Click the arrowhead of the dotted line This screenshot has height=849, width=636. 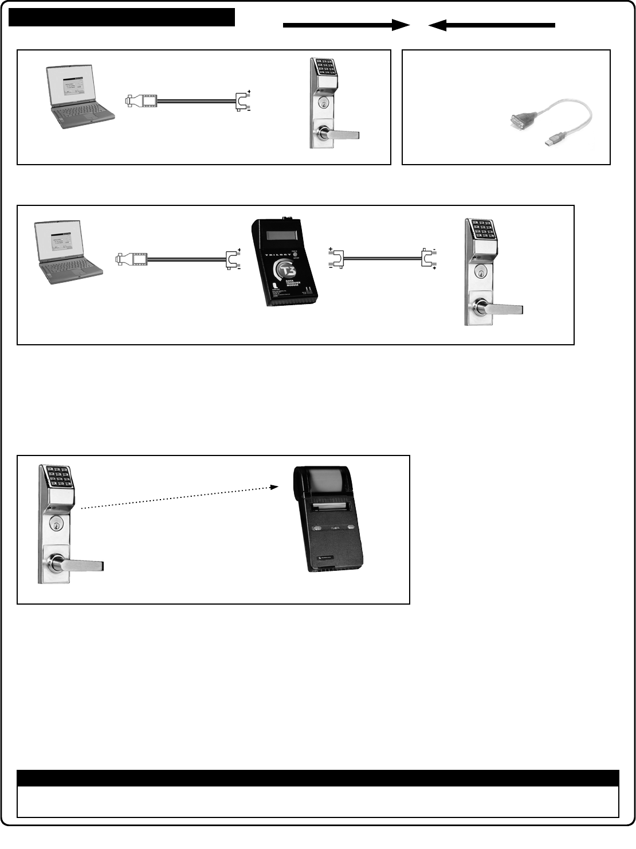point(276,488)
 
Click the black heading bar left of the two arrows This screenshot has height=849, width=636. point(122,17)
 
